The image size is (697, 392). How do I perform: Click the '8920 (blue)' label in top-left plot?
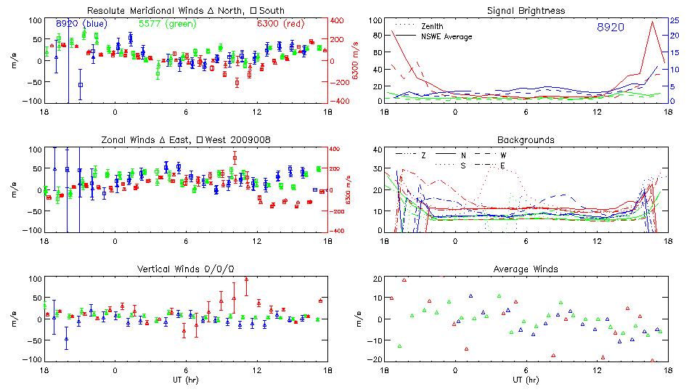[82, 24]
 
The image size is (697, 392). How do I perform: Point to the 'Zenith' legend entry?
[433, 26]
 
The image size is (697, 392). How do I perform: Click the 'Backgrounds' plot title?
[526, 139]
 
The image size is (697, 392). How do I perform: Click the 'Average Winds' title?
[527, 269]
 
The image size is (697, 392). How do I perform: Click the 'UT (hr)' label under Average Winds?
[527, 380]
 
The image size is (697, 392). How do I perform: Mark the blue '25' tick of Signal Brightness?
[675, 20]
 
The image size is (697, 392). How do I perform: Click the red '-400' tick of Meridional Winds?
[340, 102]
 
